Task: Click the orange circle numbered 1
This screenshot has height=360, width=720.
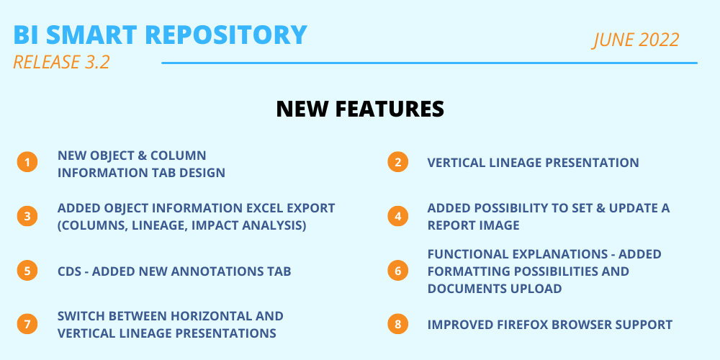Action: click(x=27, y=162)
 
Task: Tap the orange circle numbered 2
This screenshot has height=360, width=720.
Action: click(x=397, y=162)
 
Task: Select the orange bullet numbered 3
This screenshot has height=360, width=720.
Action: click(x=27, y=216)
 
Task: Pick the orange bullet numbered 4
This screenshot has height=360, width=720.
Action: click(x=397, y=216)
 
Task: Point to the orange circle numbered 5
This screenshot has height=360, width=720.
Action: click(x=27, y=271)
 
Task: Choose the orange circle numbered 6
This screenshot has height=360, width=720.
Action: click(x=397, y=271)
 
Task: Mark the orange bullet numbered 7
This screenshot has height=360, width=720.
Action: click(x=27, y=324)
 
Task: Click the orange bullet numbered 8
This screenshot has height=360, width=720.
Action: click(x=397, y=324)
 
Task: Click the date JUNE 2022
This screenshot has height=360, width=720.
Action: click(x=636, y=40)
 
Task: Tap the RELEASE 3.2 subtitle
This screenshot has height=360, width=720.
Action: click(x=61, y=62)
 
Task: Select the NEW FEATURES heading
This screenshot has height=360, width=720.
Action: click(x=360, y=109)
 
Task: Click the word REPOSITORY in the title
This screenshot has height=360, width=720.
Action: click(x=226, y=35)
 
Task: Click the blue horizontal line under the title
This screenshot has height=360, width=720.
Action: click(x=429, y=63)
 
